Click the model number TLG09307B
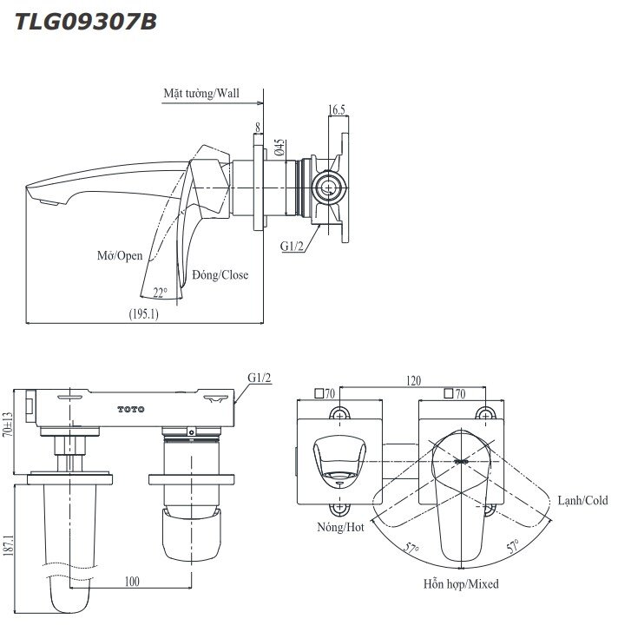point(86,22)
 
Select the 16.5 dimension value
point(337,110)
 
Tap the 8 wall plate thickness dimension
point(258,128)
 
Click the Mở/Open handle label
point(120,256)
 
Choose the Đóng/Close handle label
point(220,275)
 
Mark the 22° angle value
point(160,293)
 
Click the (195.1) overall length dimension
point(142,316)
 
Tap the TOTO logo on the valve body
point(131,408)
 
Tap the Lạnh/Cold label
point(582,500)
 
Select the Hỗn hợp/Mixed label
point(461,584)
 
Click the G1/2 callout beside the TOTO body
point(260,379)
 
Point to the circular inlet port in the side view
point(328,184)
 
